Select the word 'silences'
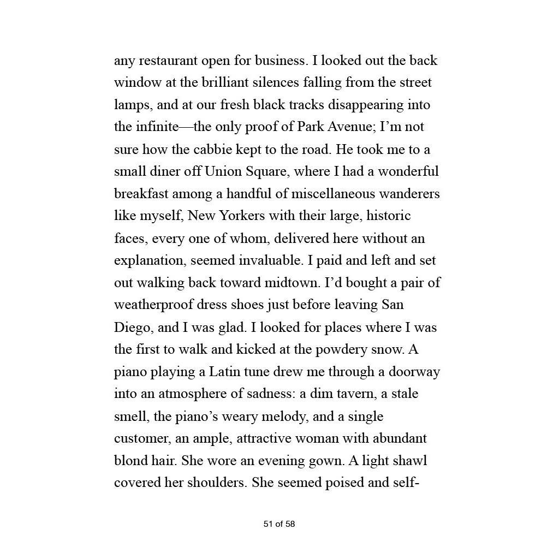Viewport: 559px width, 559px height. [269, 83]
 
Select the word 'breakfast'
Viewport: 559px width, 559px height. [141, 194]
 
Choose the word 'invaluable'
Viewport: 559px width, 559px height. [270, 261]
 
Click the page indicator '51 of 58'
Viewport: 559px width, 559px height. [279, 524]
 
